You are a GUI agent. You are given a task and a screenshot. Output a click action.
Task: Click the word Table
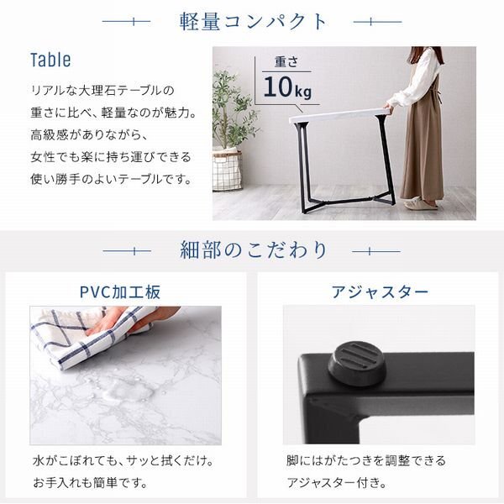50,60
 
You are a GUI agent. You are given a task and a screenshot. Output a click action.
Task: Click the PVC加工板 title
120,292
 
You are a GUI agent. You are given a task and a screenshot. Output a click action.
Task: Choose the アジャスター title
380,292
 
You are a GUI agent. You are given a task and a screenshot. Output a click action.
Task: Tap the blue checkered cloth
80,336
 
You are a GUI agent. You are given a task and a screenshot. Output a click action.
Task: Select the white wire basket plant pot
227,168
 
